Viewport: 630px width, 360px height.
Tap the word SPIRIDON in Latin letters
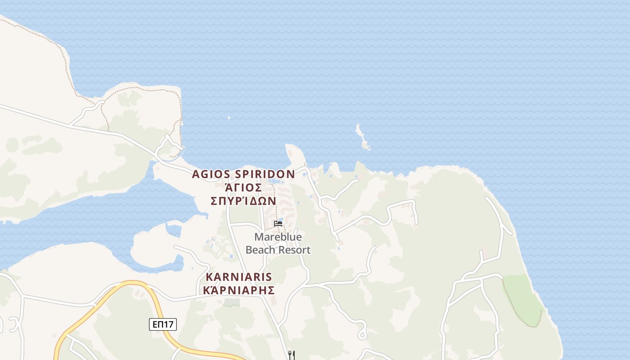(x=265, y=174)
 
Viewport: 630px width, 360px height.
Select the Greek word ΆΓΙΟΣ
(x=243, y=187)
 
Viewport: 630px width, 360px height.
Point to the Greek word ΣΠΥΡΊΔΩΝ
(x=243, y=201)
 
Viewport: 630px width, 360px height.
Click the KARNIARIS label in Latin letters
(x=239, y=277)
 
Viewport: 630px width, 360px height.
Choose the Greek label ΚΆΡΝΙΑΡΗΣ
(x=239, y=290)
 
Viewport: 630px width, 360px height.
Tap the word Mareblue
(x=278, y=237)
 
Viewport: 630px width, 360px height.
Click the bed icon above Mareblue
(x=278, y=223)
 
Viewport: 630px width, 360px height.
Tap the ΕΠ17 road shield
(x=163, y=324)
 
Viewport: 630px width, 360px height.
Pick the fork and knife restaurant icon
(x=291, y=355)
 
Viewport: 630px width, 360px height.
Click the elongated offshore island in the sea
(x=362, y=138)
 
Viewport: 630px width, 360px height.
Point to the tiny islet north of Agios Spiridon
(x=229, y=118)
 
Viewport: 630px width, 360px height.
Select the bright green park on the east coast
(x=522, y=297)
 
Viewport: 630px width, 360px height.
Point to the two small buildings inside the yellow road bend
(x=139, y=293)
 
